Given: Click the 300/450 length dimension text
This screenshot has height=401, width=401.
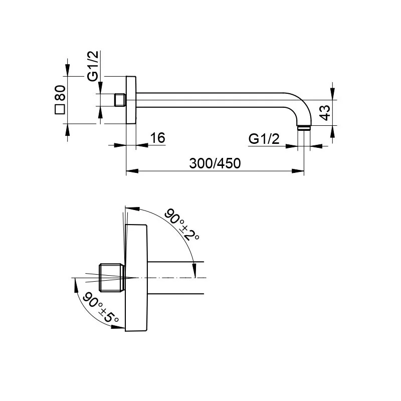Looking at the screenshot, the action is pos(215,163).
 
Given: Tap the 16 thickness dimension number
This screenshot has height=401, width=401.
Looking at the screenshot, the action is pos(157,138).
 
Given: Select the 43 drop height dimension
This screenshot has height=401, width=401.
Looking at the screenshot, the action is pos(325,113).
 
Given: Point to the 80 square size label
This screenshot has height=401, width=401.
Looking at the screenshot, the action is pos(60,93).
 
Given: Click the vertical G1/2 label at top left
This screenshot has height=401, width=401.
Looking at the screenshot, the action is pos(93,66).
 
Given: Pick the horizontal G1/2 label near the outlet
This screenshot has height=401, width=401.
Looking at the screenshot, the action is pos(264,139).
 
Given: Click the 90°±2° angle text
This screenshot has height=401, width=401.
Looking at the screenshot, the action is pos(181,224).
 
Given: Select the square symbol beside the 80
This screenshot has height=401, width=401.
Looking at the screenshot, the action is pos(60,109).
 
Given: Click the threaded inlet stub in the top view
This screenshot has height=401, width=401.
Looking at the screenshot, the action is pos(120,100).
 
